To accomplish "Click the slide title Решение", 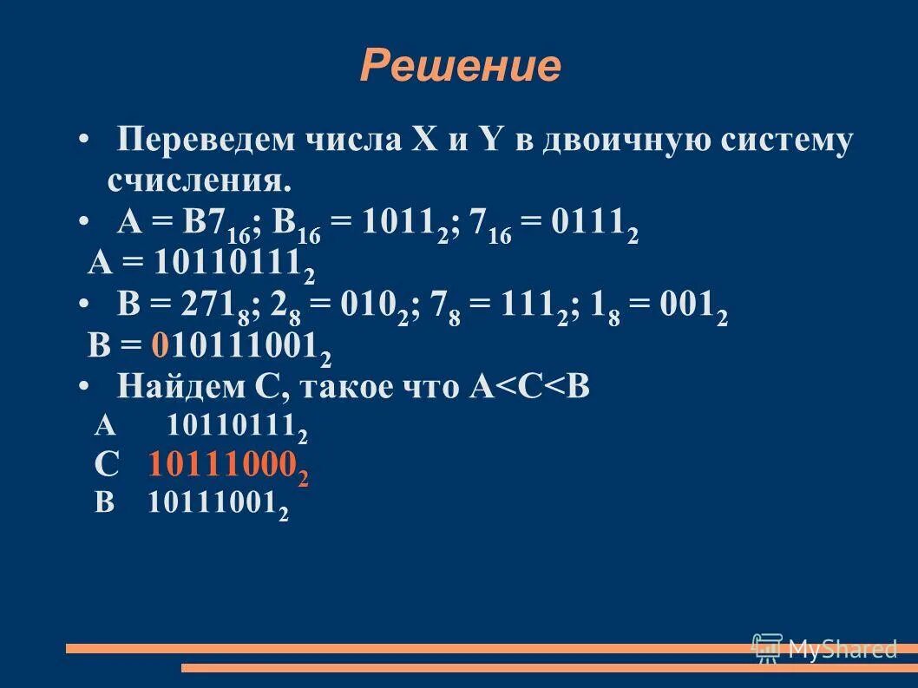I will tap(460, 66).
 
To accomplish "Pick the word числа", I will tap(353, 141).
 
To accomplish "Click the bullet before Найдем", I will tap(83, 386).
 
